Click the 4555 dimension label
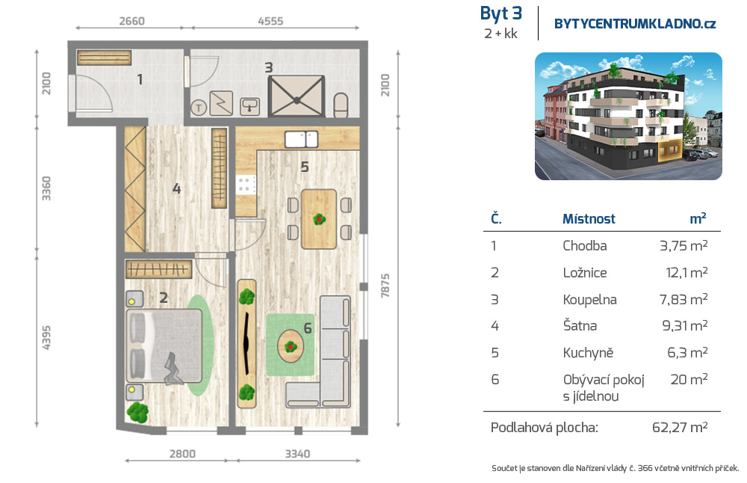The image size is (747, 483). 270,21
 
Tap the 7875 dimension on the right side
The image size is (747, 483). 385,286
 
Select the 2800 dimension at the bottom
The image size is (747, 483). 182,453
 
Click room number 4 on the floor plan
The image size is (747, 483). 176,189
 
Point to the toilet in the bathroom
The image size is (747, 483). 341,105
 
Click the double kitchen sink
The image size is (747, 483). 301,139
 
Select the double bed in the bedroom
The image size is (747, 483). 164,345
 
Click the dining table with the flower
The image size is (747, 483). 319,219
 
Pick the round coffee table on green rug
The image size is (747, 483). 290,345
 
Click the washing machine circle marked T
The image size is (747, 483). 199,108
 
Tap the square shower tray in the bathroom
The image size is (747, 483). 297,96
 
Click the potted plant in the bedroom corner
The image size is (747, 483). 137,412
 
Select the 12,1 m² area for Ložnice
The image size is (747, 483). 686,272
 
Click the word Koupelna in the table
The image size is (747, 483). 589,299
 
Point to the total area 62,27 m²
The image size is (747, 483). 679,427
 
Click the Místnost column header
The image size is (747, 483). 589,219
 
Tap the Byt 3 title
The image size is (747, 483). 500,13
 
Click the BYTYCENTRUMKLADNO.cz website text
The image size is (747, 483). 635,24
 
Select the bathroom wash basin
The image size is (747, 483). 249,106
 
